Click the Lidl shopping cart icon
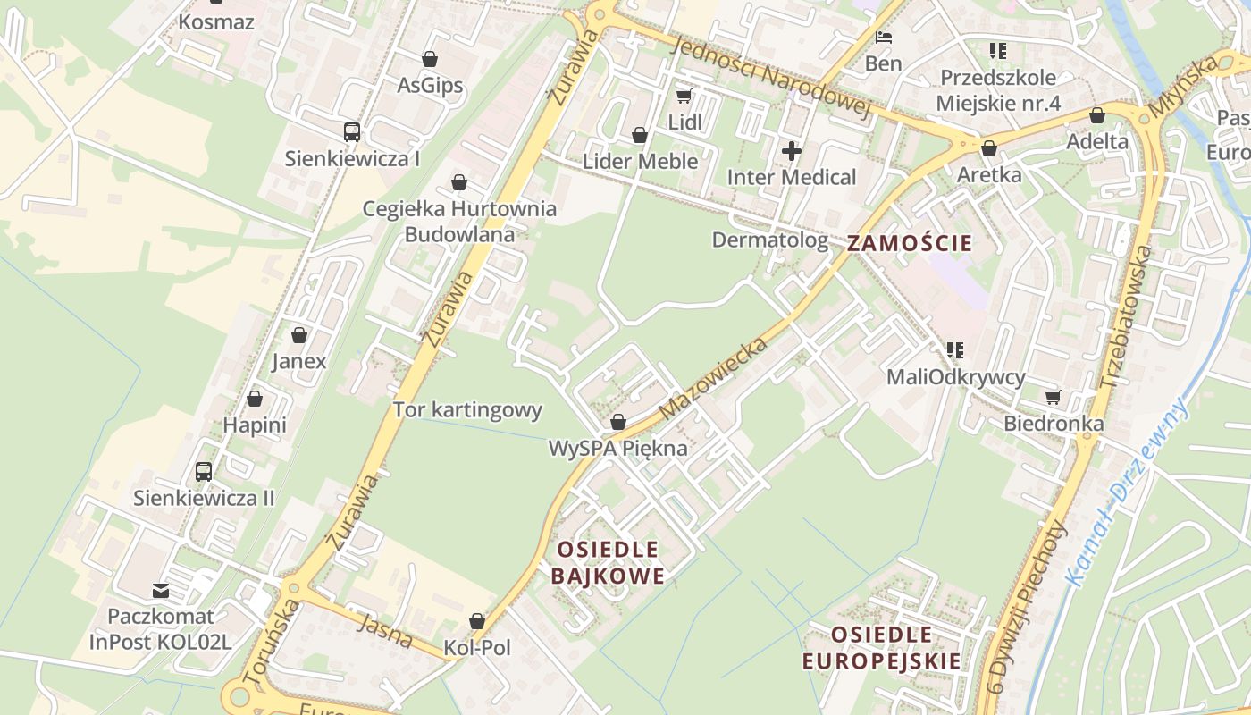click(x=684, y=96)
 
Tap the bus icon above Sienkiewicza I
click(x=352, y=132)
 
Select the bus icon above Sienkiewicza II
click(x=204, y=471)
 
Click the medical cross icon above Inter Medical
click(x=792, y=151)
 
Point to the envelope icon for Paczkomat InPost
click(x=161, y=590)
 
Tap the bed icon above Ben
click(x=884, y=38)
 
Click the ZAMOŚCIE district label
click(x=910, y=242)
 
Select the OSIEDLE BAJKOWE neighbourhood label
click(x=608, y=562)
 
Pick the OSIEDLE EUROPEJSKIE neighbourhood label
click(x=881, y=648)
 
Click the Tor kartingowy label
click(x=468, y=410)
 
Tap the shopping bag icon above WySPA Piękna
click(x=617, y=422)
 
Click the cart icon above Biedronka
click(x=1054, y=397)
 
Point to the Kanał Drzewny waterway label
click(x=1129, y=491)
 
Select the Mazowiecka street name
click(x=714, y=377)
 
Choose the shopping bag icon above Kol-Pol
click(x=477, y=621)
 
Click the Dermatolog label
click(x=769, y=240)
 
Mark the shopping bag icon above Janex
click(x=299, y=335)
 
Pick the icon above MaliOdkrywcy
click(x=955, y=350)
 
